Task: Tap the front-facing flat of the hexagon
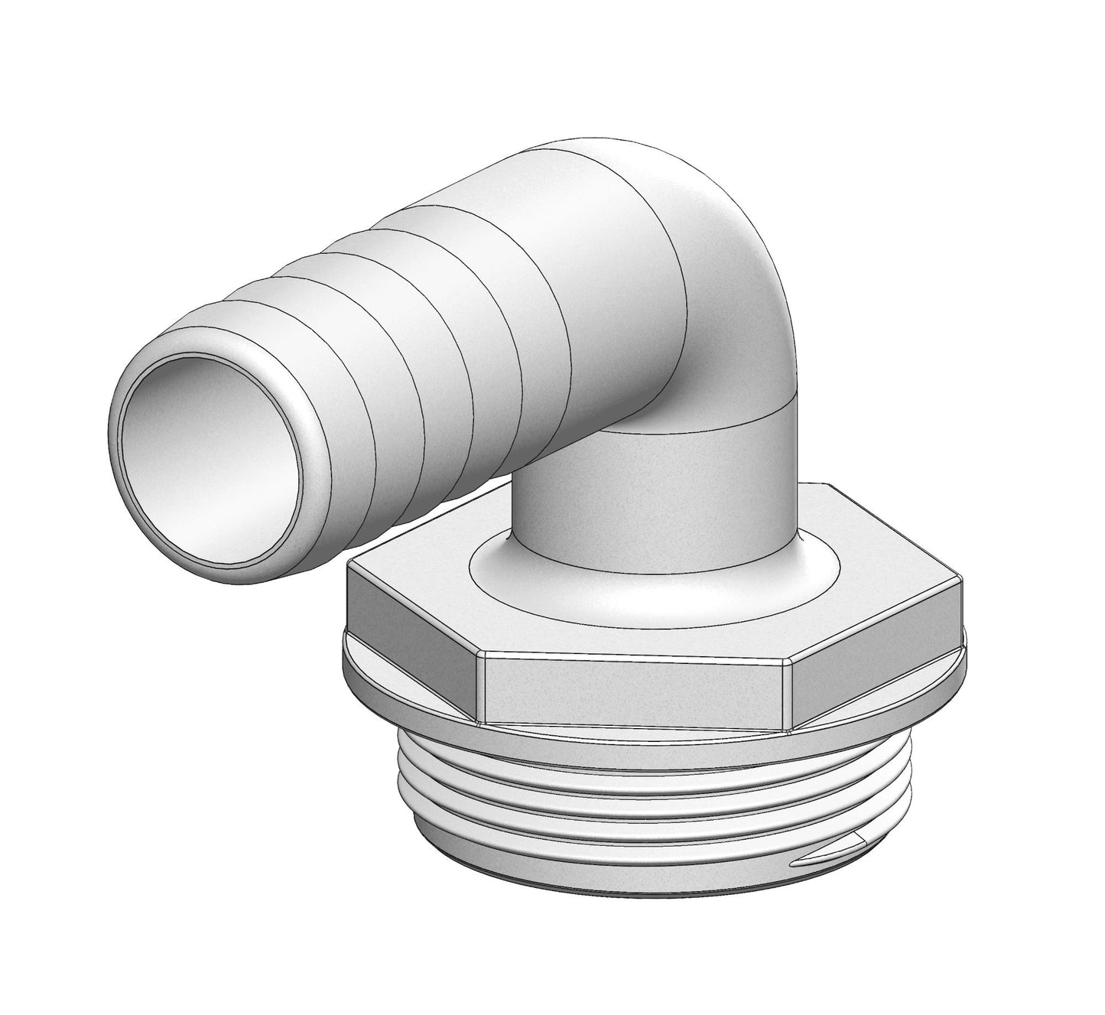pos(635,685)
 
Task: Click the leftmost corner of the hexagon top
pos(349,564)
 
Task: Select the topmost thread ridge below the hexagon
pos(612,753)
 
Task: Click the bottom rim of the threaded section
pos(612,918)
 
